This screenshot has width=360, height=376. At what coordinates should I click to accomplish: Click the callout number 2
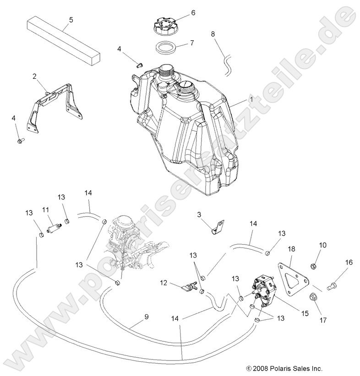click(34, 76)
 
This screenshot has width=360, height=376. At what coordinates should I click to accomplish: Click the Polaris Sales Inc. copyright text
click(284, 367)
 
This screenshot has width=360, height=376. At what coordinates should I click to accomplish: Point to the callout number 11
click(45, 209)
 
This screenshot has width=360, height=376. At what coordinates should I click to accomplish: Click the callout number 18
click(291, 249)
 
